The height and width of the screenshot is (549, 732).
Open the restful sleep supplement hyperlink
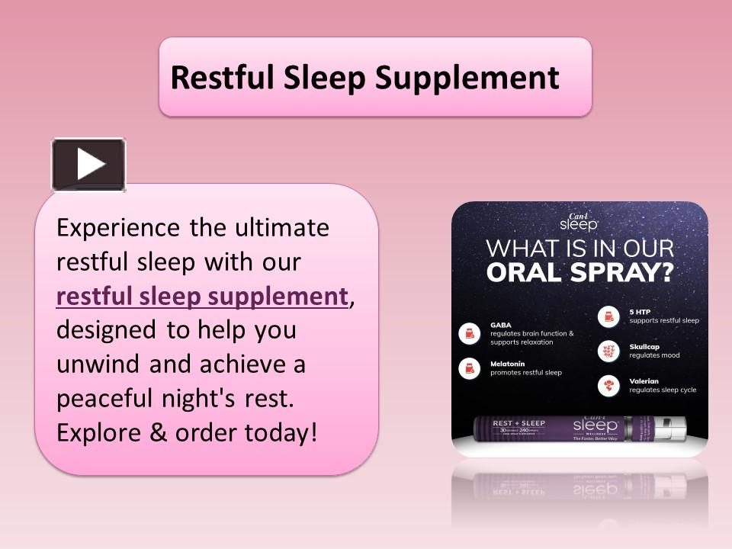202,297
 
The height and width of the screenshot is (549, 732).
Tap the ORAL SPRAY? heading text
579,272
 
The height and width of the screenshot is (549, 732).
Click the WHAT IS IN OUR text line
579,249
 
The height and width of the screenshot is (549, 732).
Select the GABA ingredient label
501,324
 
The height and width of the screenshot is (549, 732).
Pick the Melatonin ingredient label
508,364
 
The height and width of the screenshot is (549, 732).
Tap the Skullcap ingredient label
644,346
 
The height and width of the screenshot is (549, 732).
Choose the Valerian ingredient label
644,380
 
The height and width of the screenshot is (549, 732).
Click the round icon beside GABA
469,333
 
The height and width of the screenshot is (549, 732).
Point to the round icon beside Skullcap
608,351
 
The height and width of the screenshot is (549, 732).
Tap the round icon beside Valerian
608,385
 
